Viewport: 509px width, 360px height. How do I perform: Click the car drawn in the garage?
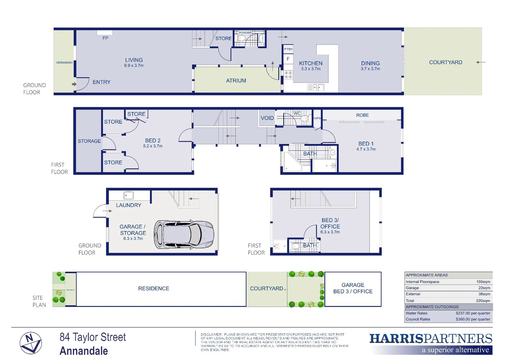[184, 234]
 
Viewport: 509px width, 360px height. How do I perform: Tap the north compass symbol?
[31, 343]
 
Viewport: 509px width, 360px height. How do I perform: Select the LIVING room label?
[134, 60]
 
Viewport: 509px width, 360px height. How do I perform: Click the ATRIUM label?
[236, 81]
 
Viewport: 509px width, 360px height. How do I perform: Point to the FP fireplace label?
[105, 38]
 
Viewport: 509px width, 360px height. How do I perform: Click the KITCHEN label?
[310, 63]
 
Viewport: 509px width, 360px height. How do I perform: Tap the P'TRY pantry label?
[288, 49]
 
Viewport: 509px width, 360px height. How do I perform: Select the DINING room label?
[370, 63]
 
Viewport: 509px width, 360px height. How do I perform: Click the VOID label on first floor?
[267, 118]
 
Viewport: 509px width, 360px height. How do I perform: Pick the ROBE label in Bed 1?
[362, 115]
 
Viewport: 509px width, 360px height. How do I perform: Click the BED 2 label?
[153, 141]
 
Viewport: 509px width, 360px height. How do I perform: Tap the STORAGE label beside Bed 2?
[89, 141]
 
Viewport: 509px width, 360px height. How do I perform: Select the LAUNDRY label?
[129, 205]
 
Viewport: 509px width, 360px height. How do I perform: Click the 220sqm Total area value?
[483, 301]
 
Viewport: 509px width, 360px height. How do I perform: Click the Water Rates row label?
[416, 313]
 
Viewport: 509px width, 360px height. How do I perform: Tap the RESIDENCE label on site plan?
[154, 289]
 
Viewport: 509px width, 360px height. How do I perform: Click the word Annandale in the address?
[84, 351]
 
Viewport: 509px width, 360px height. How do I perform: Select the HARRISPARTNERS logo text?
[430, 339]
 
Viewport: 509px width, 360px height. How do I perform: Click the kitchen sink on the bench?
[316, 88]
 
